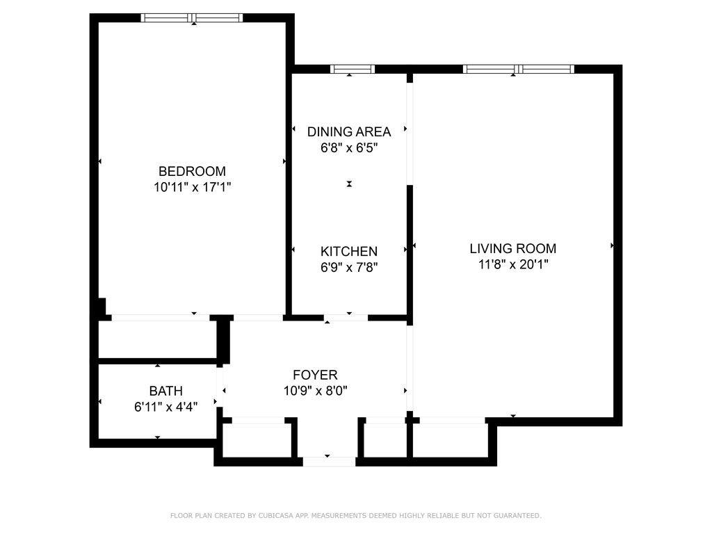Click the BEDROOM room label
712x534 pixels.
[x=192, y=171]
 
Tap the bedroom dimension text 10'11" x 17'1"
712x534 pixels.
[x=193, y=187]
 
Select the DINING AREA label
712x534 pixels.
[x=349, y=131]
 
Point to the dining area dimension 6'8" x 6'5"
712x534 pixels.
[x=349, y=148]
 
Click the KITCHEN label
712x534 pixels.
[x=349, y=252]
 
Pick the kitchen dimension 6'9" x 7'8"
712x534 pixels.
[x=349, y=268]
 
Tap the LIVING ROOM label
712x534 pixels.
[x=512, y=248]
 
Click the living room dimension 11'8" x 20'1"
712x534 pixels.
[x=513, y=264]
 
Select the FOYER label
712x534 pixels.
[x=315, y=375]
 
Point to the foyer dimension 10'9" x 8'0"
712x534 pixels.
[x=316, y=391]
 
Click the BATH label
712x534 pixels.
[x=165, y=391]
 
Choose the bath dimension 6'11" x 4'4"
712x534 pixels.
[x=165, y=407]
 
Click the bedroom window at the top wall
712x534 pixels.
[x=192, y=17]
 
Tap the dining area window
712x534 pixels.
[x=353, y=69]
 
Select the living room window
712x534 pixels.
[x=519, y=69]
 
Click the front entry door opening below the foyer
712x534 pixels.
[x=329, y=462]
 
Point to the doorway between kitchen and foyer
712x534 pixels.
[x=346, y=318]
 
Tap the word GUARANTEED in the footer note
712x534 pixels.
[x=517, y=515]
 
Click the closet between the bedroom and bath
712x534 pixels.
[x=157, y=339]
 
